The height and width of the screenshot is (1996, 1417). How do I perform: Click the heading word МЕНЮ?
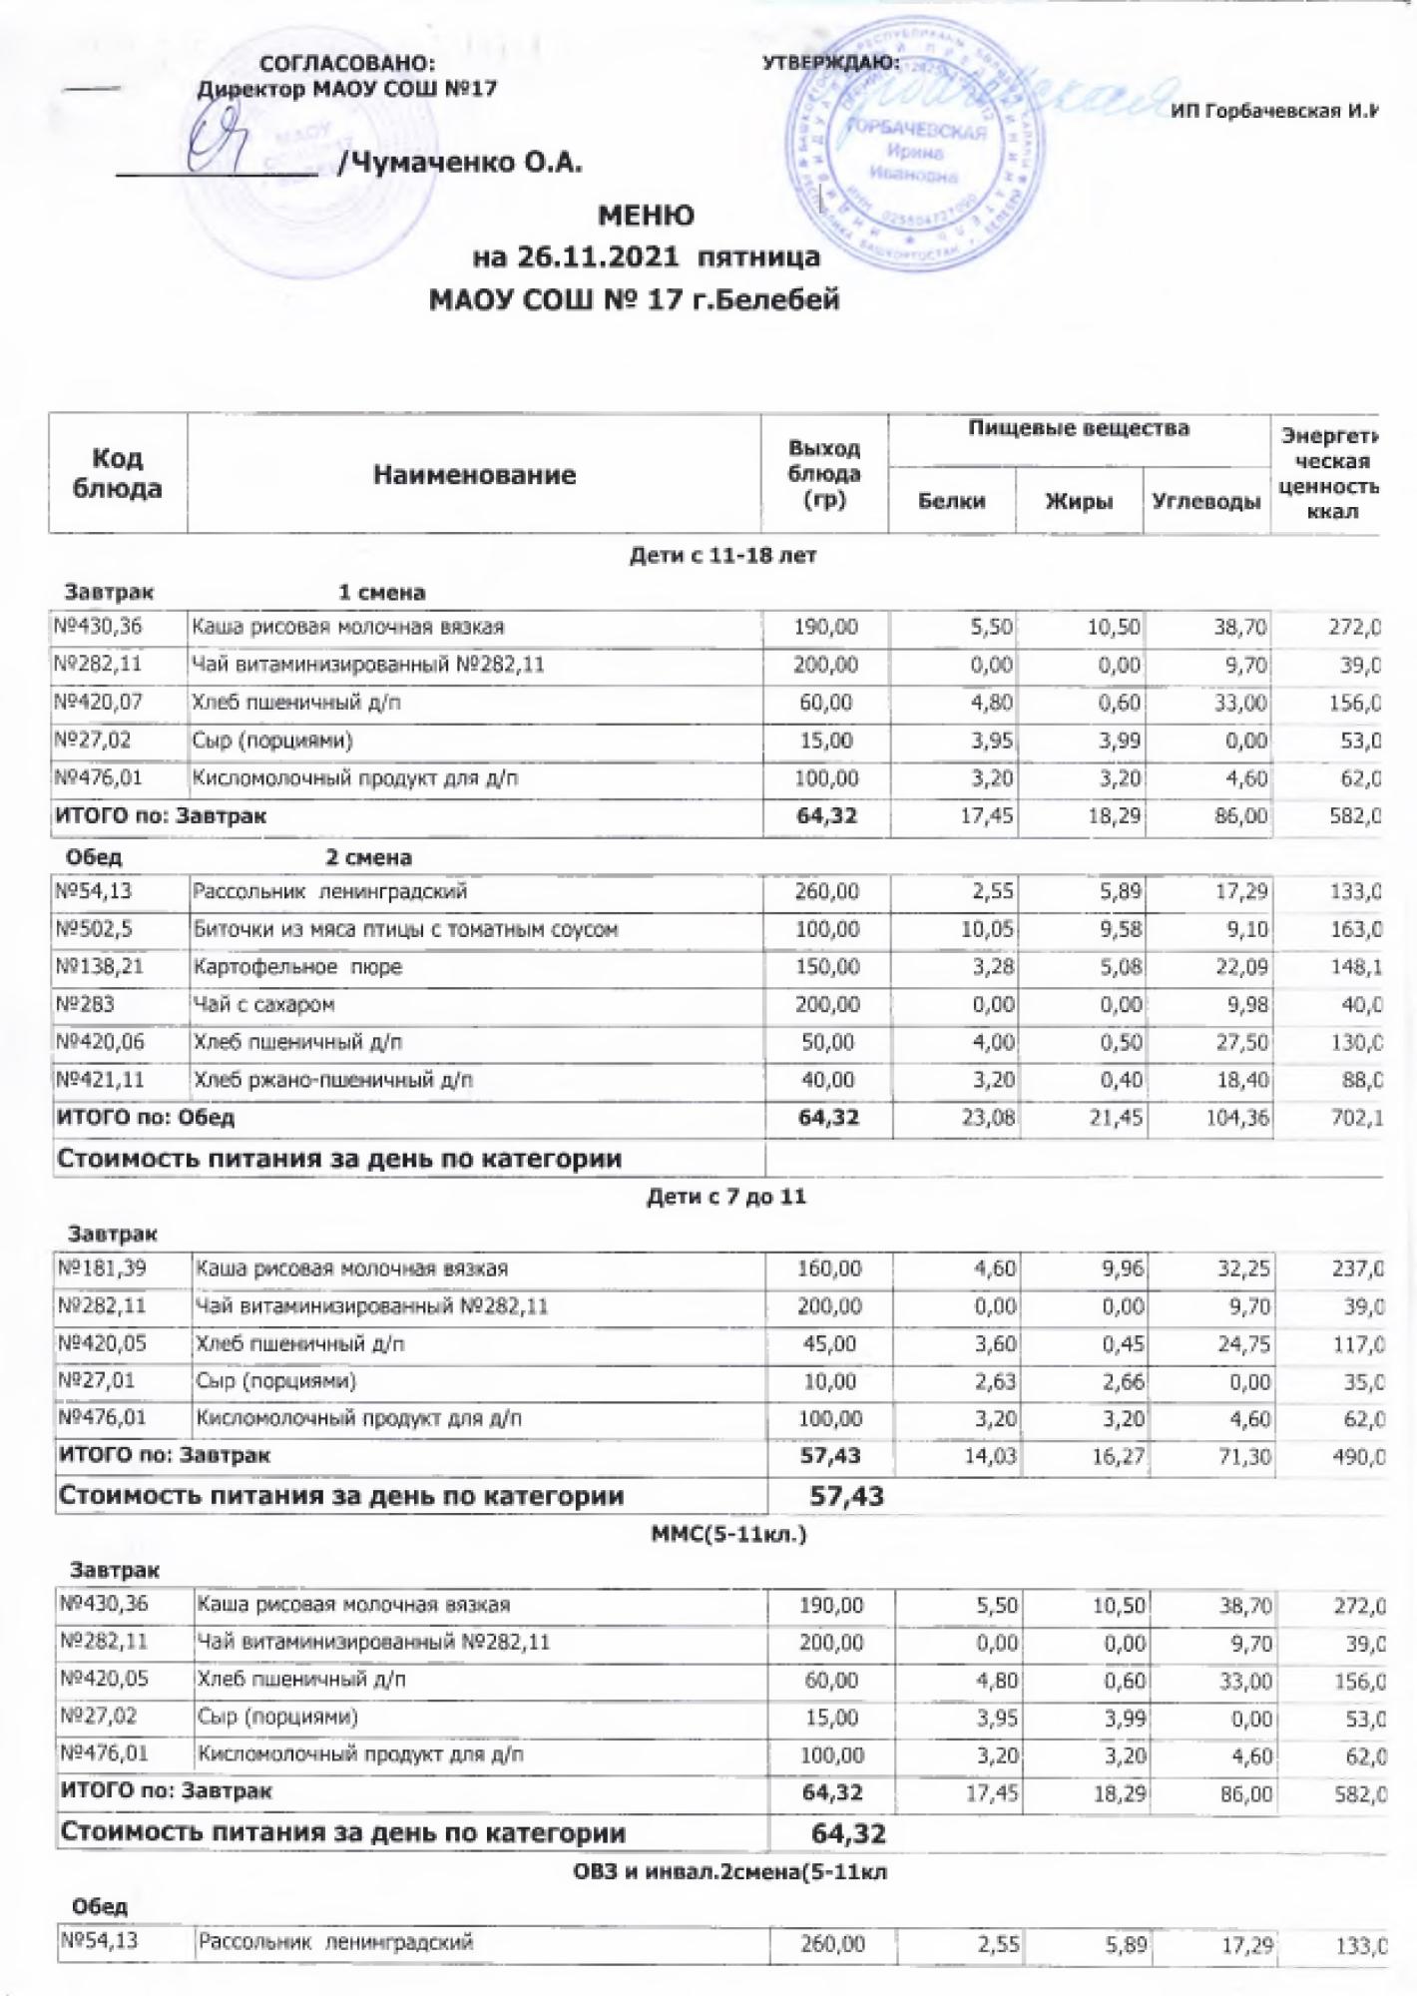tap(646, 216)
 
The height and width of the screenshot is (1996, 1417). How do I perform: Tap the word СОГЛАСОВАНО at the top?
tap(346, 63)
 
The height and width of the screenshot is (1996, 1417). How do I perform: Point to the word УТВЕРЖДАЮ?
tap(830, 62)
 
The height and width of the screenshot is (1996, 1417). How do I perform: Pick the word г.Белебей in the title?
tap(777, 299)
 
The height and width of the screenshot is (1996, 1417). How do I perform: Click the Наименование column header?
tap(474, 475)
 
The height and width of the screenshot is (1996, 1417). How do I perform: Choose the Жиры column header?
tap(1078, 502)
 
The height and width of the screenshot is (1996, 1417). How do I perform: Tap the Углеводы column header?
tap(1205, 502)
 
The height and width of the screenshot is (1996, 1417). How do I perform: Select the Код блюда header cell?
tap(118, 473)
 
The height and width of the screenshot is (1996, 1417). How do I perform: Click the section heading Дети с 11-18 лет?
tap(722, 556)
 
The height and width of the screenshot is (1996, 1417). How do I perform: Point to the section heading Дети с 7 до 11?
tap(726, 1197)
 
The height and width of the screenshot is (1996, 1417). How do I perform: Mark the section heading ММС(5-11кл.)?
tap(728, 1534)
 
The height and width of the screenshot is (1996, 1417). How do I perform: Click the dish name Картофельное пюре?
tap(297, 967)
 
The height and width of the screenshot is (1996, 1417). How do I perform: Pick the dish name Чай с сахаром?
tap(263, 1005)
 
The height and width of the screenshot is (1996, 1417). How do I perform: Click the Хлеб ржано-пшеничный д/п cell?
tap(332, 1080)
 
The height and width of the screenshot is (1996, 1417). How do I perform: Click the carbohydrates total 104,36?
tap(1238, 1118)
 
